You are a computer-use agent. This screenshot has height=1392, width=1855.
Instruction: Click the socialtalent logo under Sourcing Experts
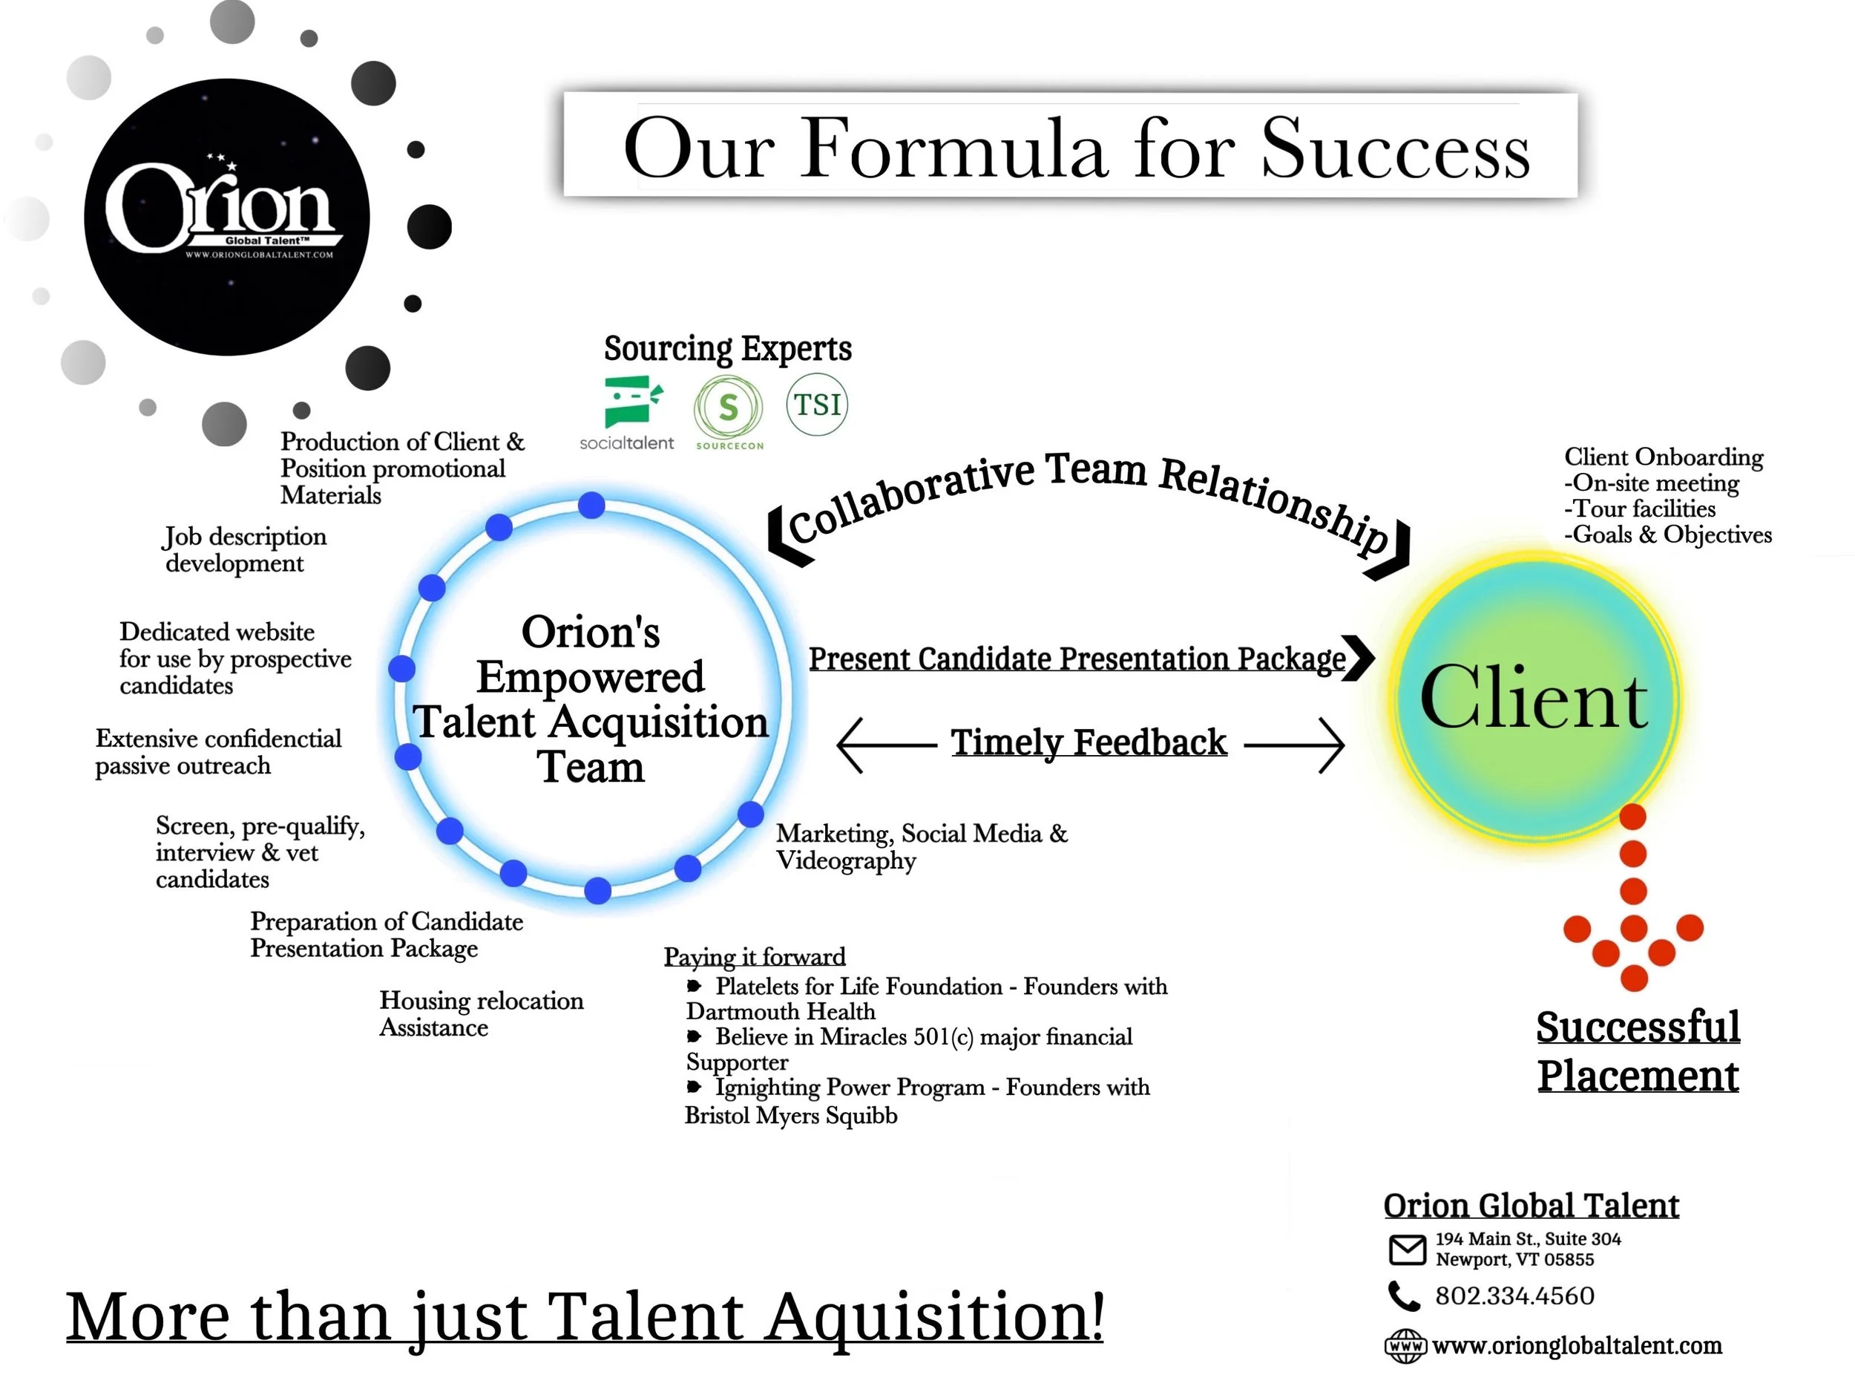627,411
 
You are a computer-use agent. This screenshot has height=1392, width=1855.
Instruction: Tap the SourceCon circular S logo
728,408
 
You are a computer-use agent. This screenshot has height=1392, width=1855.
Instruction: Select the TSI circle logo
817,405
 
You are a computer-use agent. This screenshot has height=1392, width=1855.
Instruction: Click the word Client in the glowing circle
1534,699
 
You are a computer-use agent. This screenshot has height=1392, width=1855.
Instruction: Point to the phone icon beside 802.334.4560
1403,1295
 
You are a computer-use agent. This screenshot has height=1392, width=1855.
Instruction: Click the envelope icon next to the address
1407,1249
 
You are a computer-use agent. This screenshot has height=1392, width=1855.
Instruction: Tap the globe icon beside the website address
1405,1346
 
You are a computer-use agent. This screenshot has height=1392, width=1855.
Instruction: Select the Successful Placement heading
1638,1050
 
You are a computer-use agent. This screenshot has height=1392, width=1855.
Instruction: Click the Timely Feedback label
1089,742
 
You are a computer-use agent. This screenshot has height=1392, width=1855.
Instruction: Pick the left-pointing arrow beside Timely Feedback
885,744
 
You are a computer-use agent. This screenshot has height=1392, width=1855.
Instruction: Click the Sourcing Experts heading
727,348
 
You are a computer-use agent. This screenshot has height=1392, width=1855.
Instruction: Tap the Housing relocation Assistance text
481,1013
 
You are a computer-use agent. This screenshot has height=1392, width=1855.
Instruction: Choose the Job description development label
244,549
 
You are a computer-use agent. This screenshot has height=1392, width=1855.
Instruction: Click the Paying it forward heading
754,956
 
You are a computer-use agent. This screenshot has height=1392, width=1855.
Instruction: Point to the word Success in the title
1396,149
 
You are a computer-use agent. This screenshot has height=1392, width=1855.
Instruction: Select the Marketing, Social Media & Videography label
921,846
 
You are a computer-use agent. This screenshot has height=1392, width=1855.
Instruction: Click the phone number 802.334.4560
1514,1295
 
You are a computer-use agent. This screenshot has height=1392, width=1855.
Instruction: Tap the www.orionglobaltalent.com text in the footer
1577,1346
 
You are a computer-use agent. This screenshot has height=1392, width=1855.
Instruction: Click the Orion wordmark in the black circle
220,206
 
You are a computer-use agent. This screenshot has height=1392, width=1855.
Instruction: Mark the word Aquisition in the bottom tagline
934,1317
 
